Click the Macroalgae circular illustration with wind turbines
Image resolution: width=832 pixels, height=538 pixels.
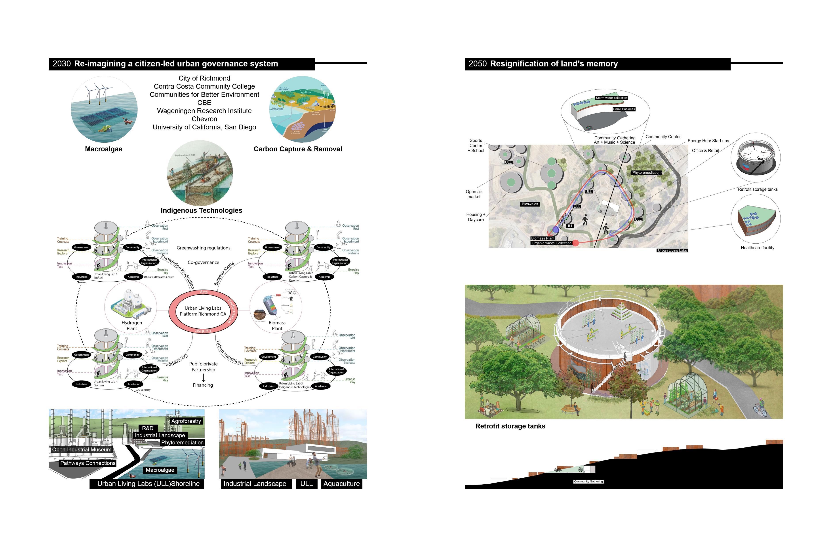(x=104, y=109)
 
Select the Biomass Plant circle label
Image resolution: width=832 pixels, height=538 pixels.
(x=277, y=326)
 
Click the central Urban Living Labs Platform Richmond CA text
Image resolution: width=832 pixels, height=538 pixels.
(x=203, y=311)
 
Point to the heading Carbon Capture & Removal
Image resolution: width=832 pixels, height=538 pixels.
(x=297, y=149)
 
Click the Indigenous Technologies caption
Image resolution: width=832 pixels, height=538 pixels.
(x=201, y=210)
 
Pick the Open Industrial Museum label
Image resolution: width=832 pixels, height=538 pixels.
(x=82, y=450)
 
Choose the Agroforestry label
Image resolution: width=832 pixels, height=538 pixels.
(x=186, y=421)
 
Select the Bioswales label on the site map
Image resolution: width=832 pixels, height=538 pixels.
(x=530, y=204)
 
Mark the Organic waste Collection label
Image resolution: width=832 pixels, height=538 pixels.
(x=551, y=243)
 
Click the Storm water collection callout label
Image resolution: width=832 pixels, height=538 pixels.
(x=611, y=98)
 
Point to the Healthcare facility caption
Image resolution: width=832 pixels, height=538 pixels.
(x=757, y=248)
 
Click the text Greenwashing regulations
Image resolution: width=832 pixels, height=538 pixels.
(x=204, y=248)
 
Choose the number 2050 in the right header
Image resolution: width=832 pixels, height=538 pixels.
(x=478, y=64)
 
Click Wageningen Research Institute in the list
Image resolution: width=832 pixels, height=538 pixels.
(x=204, y=111)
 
